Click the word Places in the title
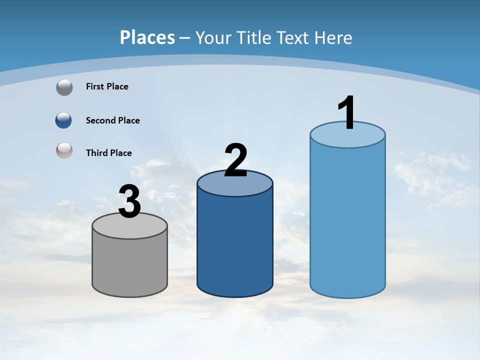tap(147, 37)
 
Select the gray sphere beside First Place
tap(64, 87)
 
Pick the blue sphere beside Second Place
tap(64, 120)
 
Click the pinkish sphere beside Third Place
tap(64, 150)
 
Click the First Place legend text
tap(107, 86)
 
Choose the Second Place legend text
tap(112, 120)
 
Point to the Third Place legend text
tap(108, 153)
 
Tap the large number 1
tap(347, 113)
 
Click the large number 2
tap(235, 160)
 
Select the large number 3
tap(129, 202)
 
